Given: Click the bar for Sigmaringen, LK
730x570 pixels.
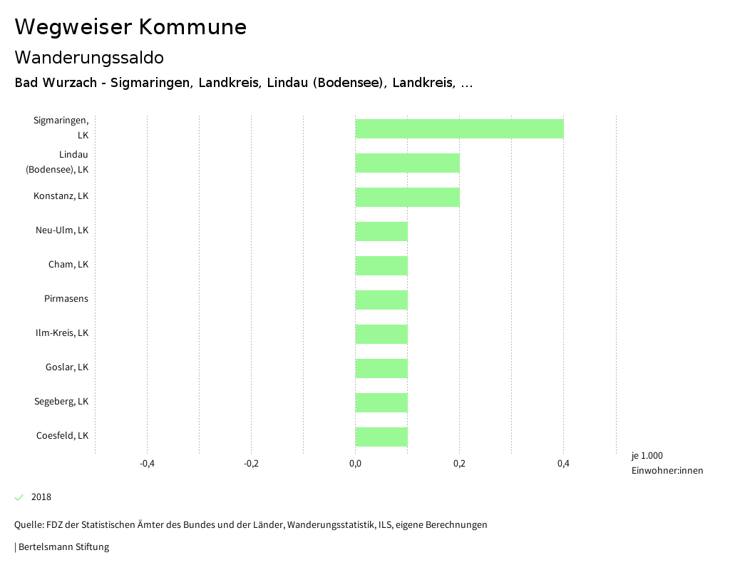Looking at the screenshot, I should (459, 128).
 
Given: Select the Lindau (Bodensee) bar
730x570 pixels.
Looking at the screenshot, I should (407, 163).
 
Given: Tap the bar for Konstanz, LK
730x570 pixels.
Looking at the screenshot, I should (407, 197).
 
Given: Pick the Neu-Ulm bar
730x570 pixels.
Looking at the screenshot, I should (381, 231).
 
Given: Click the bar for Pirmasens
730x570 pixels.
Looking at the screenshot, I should (381, 300).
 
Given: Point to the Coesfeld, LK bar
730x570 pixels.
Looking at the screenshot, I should (381, 437).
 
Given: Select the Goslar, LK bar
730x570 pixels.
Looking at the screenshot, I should (381, 368).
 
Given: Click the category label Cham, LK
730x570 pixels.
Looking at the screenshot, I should (68, 265).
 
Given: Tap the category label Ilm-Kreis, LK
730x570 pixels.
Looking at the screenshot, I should (62, 333).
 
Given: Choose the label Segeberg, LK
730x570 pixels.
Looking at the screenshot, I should (61, 402).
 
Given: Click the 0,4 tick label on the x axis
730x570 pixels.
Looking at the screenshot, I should (563, 464).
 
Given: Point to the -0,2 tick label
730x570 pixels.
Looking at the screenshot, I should (251, 464).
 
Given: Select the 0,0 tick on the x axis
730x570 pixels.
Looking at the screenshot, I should (355, 464).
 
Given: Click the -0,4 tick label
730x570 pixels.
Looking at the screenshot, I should (147, 464).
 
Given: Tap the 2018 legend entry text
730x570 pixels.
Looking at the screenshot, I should (41, 497).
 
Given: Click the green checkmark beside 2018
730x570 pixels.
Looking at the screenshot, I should (19, 497).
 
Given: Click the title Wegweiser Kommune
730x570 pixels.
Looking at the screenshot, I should (130, 27).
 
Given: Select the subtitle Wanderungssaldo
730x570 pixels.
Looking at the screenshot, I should (89, 57).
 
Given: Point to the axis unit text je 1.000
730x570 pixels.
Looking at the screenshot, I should (647, 456).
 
